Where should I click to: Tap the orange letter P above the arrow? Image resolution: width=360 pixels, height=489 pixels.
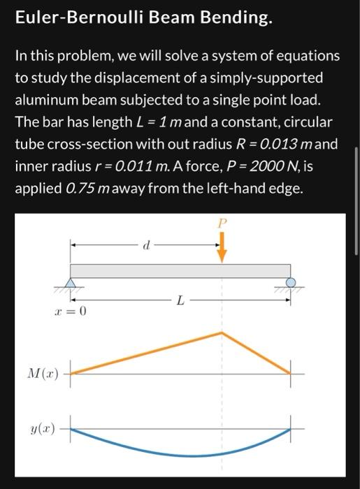[x=222, y=224]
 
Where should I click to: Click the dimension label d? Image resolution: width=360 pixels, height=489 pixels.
[x=145, y=246]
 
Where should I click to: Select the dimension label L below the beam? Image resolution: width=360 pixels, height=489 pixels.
[x=181, y=301]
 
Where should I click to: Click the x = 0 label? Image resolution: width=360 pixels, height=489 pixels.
[x=70, y=312]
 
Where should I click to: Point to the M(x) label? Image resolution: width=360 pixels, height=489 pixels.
[x=44, y=373]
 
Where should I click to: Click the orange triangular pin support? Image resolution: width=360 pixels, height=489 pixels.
[x=70, y=283]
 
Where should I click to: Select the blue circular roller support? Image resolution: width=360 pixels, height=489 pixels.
[x=291, y=283]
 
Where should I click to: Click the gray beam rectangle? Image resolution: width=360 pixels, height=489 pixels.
[x=180, y=271]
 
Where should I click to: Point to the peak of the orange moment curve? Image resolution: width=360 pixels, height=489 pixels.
[x=222, y=333]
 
